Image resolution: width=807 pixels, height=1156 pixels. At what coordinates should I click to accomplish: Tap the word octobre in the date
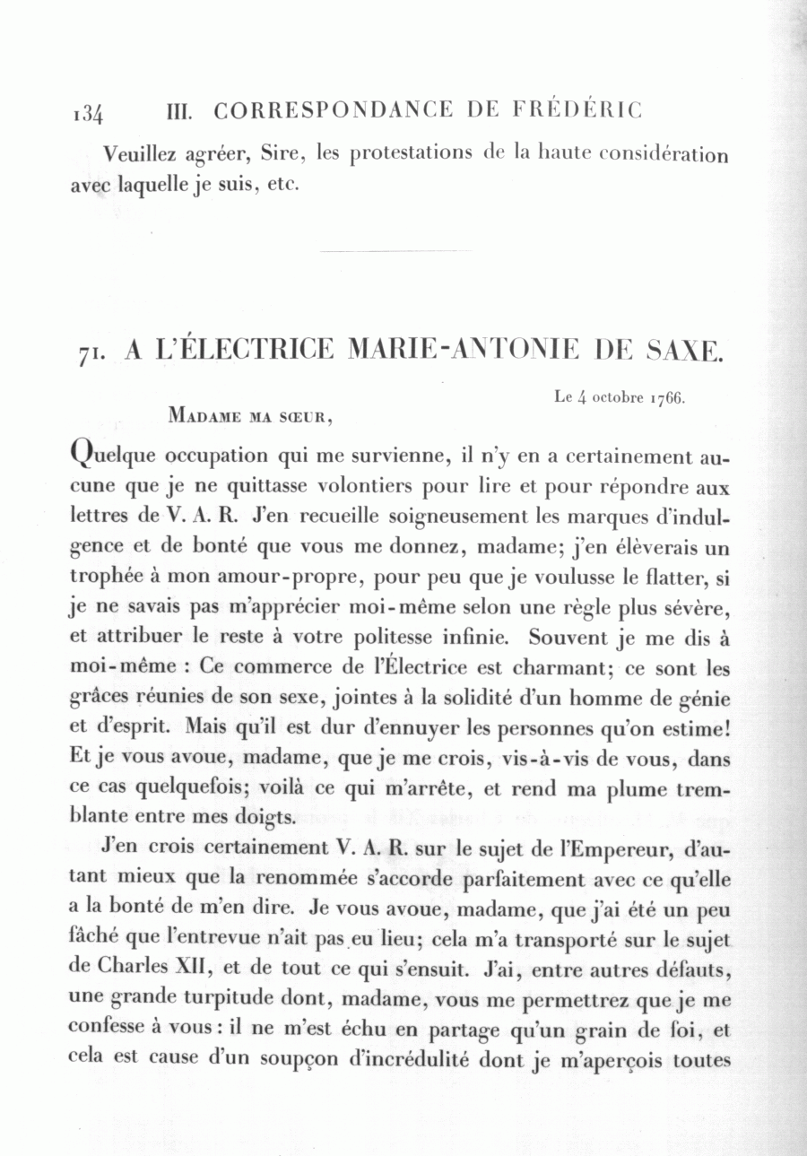(610, 397)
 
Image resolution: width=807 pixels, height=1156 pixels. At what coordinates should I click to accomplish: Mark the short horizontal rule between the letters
(395, 250)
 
